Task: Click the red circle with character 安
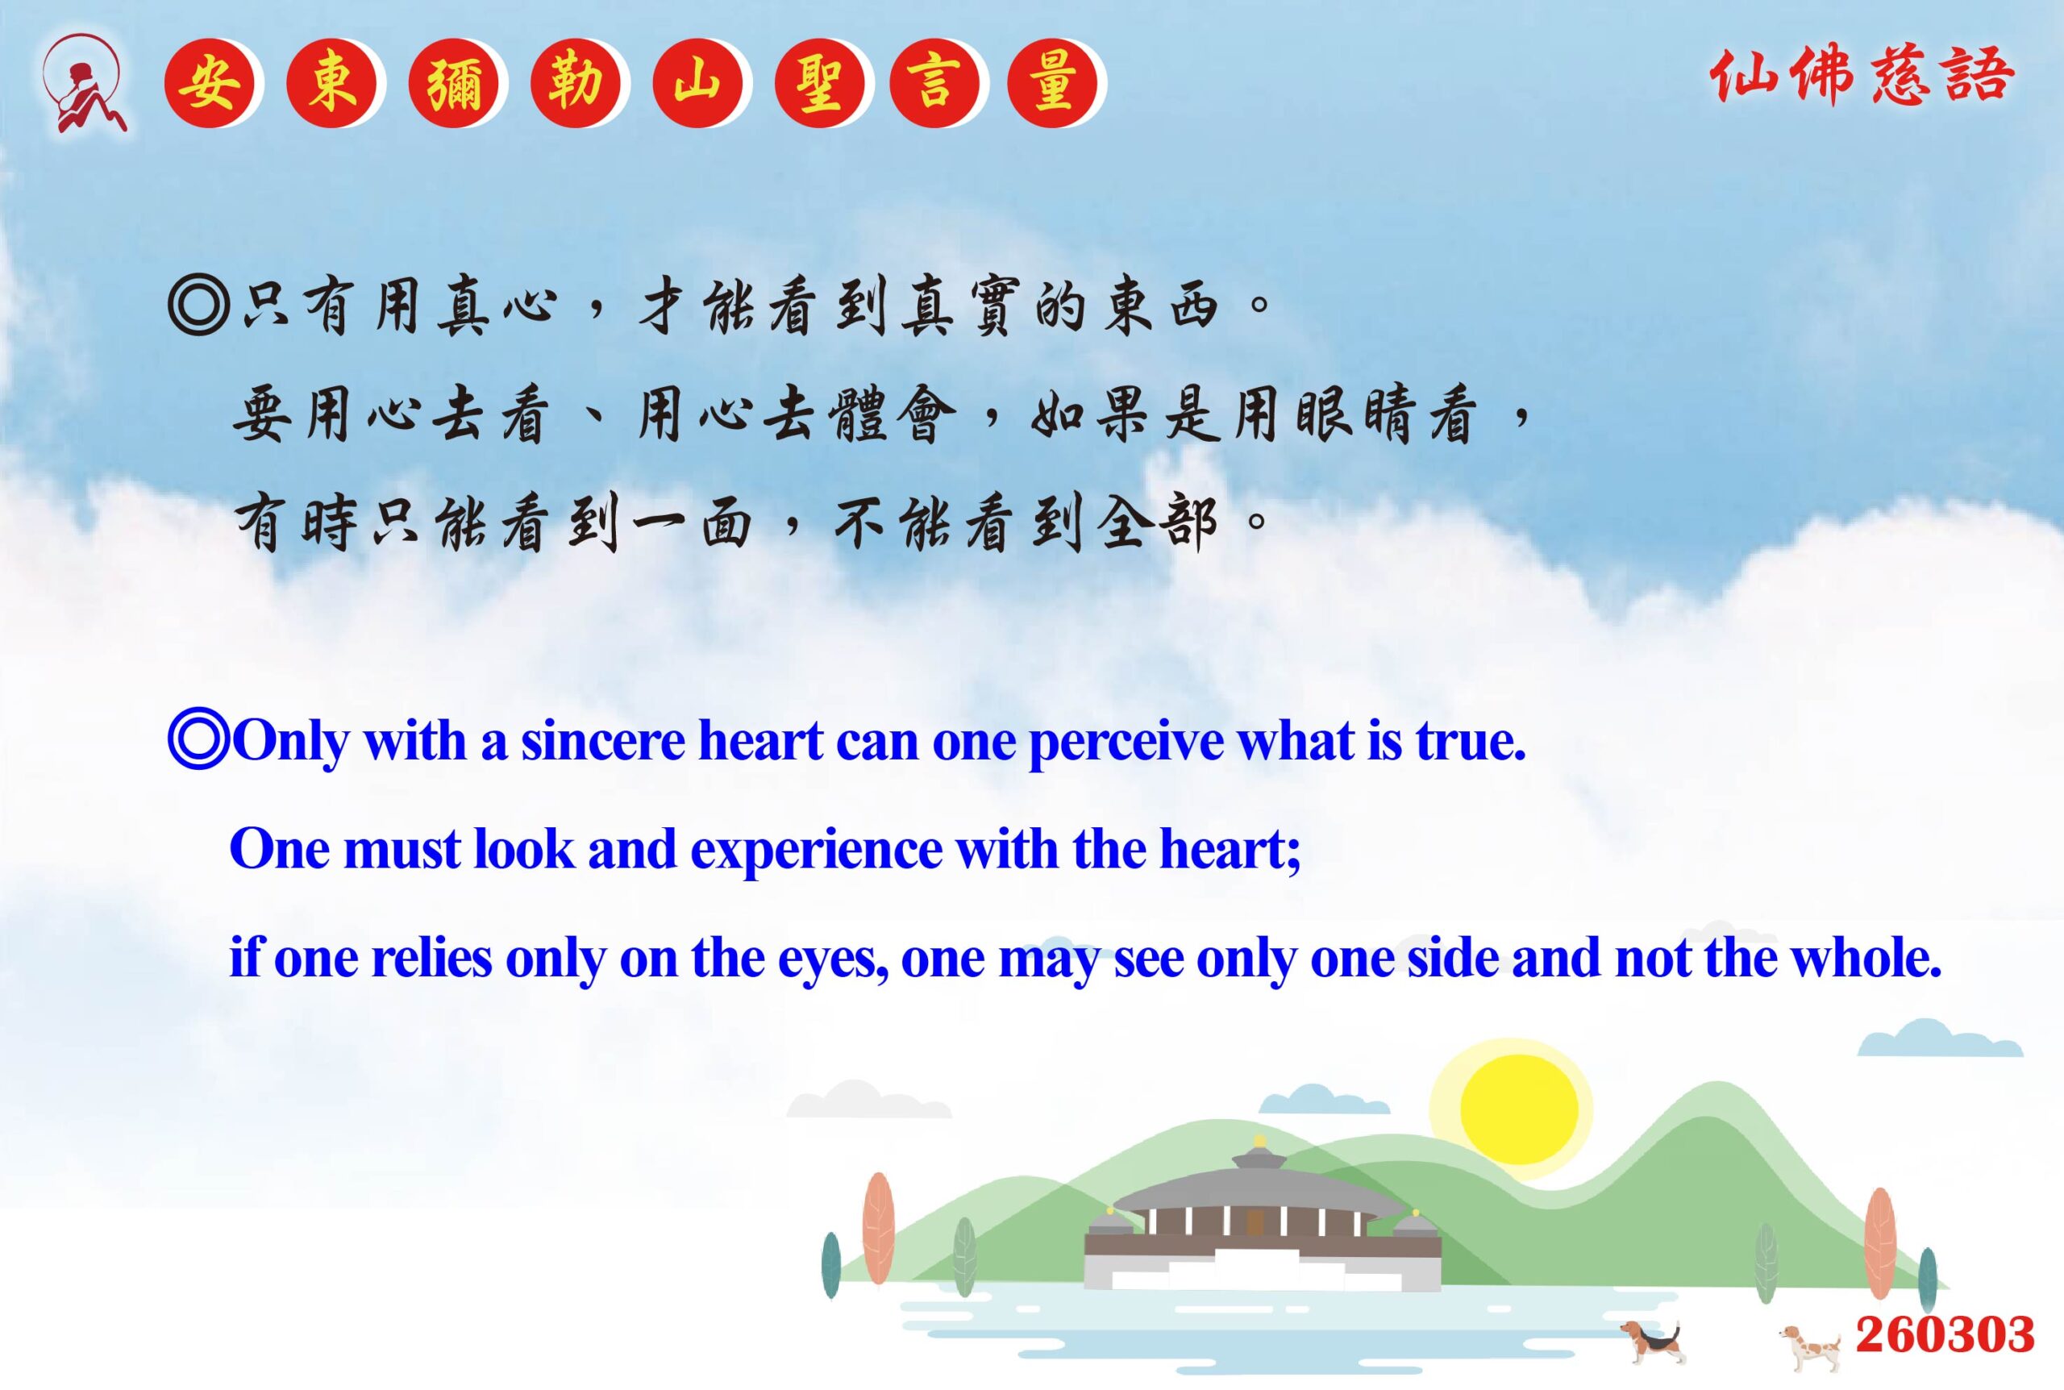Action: (209, 84)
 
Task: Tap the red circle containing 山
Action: (697, 84)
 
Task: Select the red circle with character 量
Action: (1053, 84)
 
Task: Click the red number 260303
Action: (1945, 1334)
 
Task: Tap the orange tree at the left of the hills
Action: (878, 1228)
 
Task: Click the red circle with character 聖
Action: (819, 84)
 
